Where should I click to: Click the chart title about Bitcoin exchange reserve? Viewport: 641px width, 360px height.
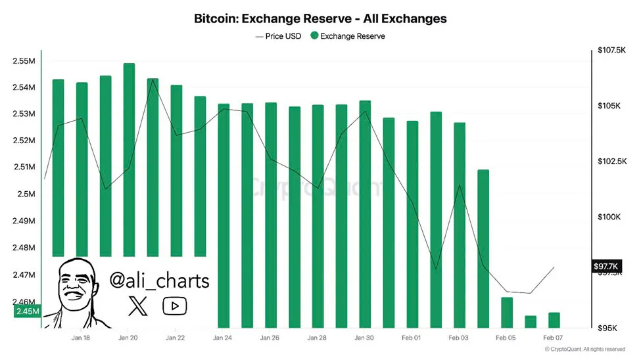(x=320, y=18)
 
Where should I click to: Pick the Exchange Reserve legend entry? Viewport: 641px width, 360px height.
(x=348, y=36)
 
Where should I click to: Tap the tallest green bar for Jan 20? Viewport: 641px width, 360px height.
(x=130, y=158)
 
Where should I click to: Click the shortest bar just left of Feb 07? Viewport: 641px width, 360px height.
(x=531, y=321)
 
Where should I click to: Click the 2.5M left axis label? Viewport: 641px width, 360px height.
(x=28, y=194)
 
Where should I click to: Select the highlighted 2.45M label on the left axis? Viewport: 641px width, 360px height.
(x=26, y=311)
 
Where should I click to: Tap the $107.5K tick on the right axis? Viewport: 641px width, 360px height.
(x=612, y=50)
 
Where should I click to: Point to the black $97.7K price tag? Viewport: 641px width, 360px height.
(x=605, y=265)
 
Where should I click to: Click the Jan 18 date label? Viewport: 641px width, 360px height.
(x=81, y=338)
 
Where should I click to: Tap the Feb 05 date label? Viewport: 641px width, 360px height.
(x=506, y=338)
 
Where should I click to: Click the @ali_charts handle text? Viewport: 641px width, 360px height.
(x=159, y=281)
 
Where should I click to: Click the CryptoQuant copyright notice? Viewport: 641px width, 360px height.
(x=585, y=349)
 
